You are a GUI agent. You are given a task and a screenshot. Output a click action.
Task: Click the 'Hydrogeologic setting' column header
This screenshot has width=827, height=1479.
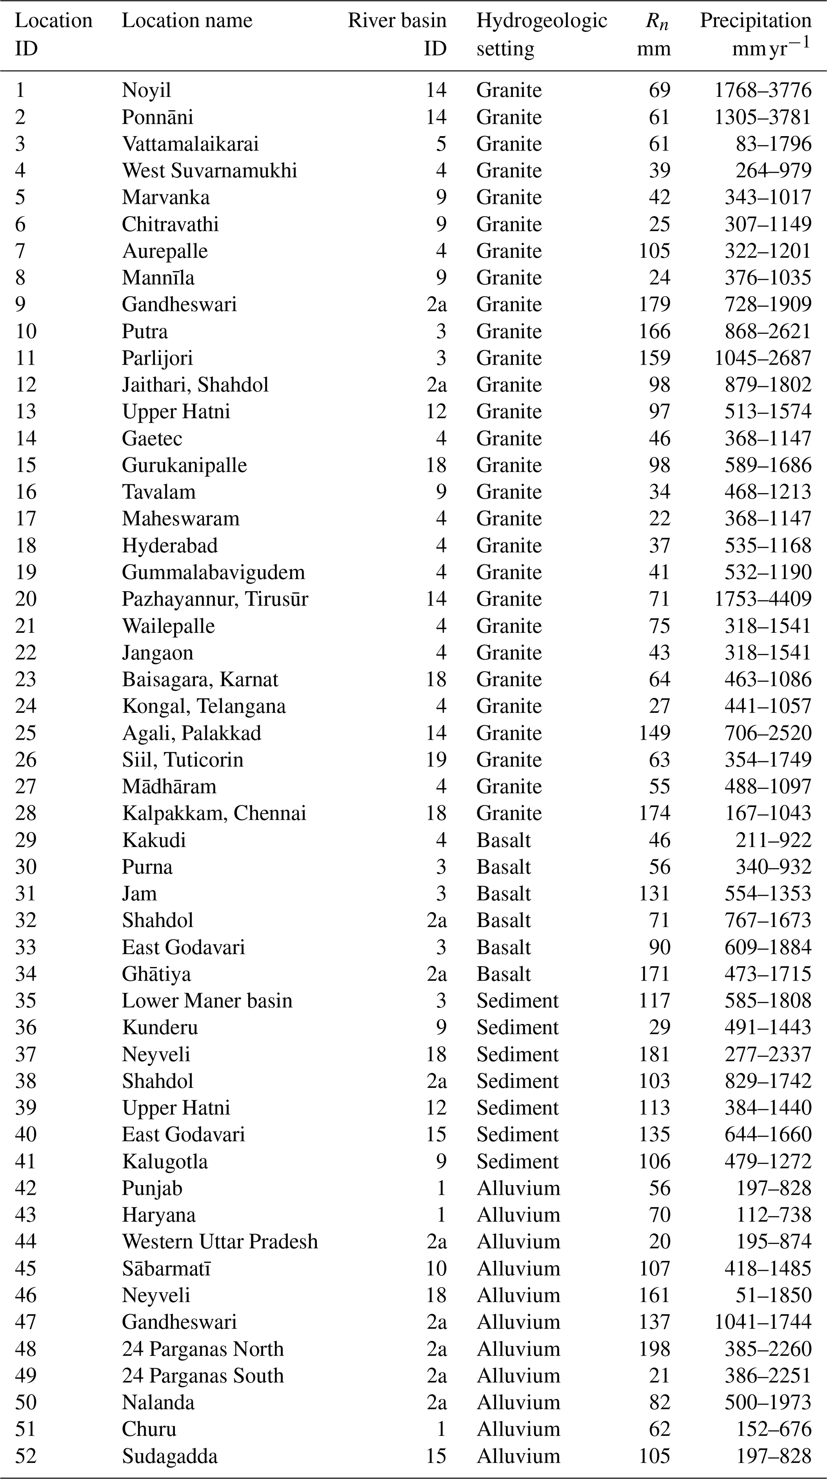[x=541, y=34]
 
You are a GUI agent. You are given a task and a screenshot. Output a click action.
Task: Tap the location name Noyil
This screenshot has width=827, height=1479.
[x=146, y=90]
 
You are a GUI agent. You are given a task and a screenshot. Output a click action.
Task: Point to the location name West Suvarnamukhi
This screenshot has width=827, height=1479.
[x=210, y=171]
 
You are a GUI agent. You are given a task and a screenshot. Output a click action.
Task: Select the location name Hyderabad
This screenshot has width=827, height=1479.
[x=170, y=546]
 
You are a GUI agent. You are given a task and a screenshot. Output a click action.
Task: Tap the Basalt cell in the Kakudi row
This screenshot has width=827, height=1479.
[x=503, y=840]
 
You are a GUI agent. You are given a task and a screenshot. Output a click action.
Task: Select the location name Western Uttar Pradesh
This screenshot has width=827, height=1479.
[x=220, y=1241]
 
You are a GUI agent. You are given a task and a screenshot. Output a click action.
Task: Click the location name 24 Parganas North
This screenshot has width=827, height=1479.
[x=202, y=1349]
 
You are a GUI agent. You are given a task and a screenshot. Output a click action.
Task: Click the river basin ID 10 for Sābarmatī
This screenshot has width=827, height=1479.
[x=436, y=1268]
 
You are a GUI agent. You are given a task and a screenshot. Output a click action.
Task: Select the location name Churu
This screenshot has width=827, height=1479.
[x=149, y=1429]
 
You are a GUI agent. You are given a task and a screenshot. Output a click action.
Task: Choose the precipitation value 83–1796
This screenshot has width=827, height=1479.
[x=774, y=144]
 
